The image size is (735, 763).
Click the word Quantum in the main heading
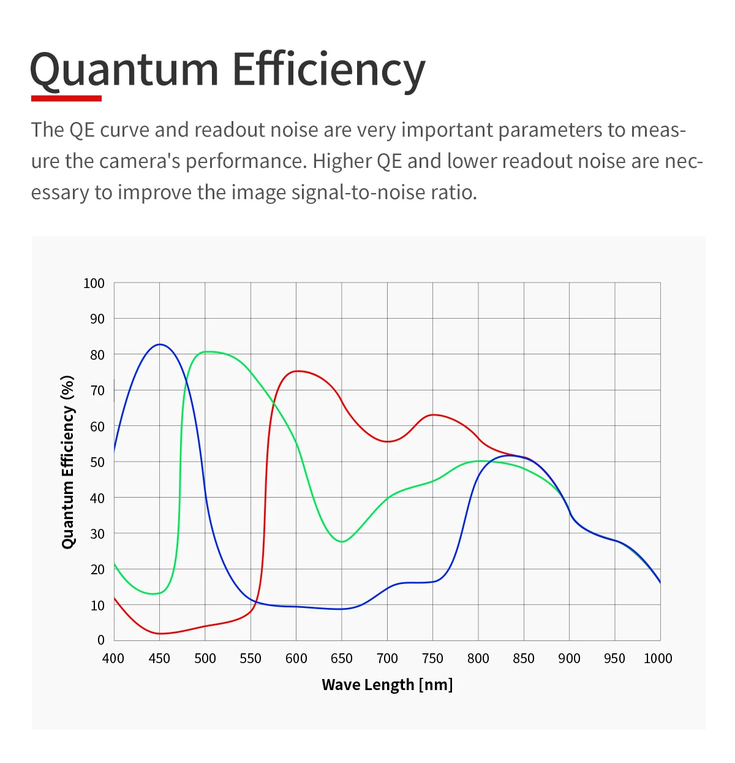pyautogui.click(x=124, y=70)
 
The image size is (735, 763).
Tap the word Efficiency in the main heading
pyautogui.click(x=328, y=70)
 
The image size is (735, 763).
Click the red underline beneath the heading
pyautogui.click(x=66, y=97)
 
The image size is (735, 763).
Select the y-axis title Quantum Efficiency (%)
pyautogui.click(x=68, y=461)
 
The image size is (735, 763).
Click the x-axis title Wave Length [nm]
pyautogui.click(x=387, y=685)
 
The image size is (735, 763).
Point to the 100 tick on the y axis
pyautogui.click(x=94, y=283)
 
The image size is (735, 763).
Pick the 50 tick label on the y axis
pyautogui.click(x=97, y=462)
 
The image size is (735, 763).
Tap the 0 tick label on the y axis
pyautogui.click(x=101, y=640)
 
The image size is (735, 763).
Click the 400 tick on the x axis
pyautogui.click(x=113, y=658)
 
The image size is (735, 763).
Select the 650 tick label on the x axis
pyautogui.click(x=341, y=658)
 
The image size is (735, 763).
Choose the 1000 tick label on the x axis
pyautogui.click(x=658, y=658)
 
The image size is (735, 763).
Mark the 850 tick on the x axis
pyautogui.click(x=524, y=658)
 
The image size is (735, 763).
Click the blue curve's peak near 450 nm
pyautogui.click(x=159, y=344)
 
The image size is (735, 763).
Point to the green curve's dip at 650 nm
pyautogui.click(x=342, y=542)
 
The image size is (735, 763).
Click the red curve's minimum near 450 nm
pyautogui.click(x=159, y=633)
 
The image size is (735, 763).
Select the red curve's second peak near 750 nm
pyautogui.click(x=433, y=415)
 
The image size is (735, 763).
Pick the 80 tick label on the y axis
pyautogui.click(x=97, y=355)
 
